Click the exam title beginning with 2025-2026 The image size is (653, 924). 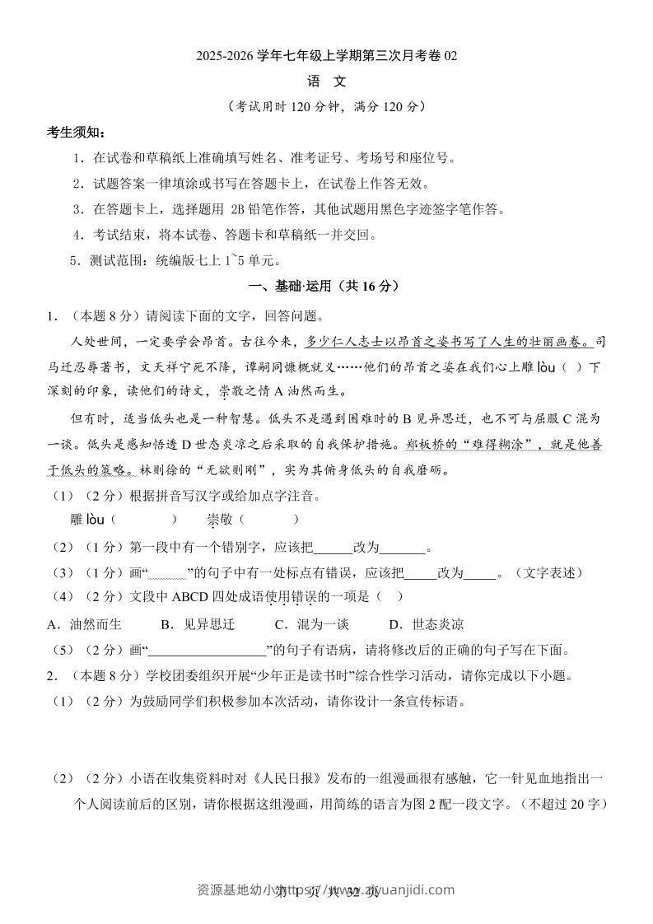[x=326, y=56]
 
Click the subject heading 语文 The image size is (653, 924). [x=326, y=82]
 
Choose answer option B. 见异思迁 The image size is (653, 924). [x=198, y=624]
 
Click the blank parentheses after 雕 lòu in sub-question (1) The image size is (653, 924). [x=143, y=520]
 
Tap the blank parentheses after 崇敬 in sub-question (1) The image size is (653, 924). [x=271, y=520]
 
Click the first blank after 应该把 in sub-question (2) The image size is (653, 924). [x=333, y=548]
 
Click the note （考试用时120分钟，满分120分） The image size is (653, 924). [x=326, y=107]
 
